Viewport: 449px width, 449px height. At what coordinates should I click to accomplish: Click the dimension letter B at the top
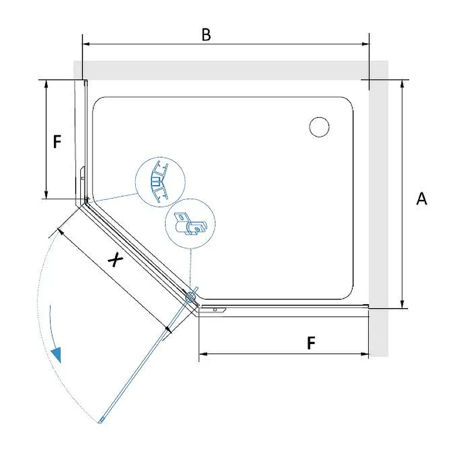[x=206, y=35]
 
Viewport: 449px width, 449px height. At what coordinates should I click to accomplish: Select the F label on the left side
[x=57, y=141]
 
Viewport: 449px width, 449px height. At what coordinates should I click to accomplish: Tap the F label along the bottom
[x=311, y=343]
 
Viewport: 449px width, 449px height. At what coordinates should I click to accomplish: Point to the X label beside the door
[x=115, y=259]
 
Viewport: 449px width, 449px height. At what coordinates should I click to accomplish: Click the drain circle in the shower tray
[x=319, y=127]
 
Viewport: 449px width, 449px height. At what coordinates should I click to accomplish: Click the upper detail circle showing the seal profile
[x=160, y=182]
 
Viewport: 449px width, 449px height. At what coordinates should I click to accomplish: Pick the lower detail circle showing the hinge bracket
[x=190, y=223]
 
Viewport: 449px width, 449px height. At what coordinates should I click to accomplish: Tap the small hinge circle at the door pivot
[x=190, y=297]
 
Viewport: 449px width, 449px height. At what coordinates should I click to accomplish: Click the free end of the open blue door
[x=100, y=421]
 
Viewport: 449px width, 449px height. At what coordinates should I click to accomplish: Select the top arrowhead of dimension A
[x=402, y=84]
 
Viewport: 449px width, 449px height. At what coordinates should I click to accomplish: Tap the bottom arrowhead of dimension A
[x=402, y=304]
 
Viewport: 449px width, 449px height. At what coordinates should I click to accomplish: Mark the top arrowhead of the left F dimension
[x=46, y=84]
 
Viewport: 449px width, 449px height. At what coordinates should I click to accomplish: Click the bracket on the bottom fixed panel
[x=213, y=310]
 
